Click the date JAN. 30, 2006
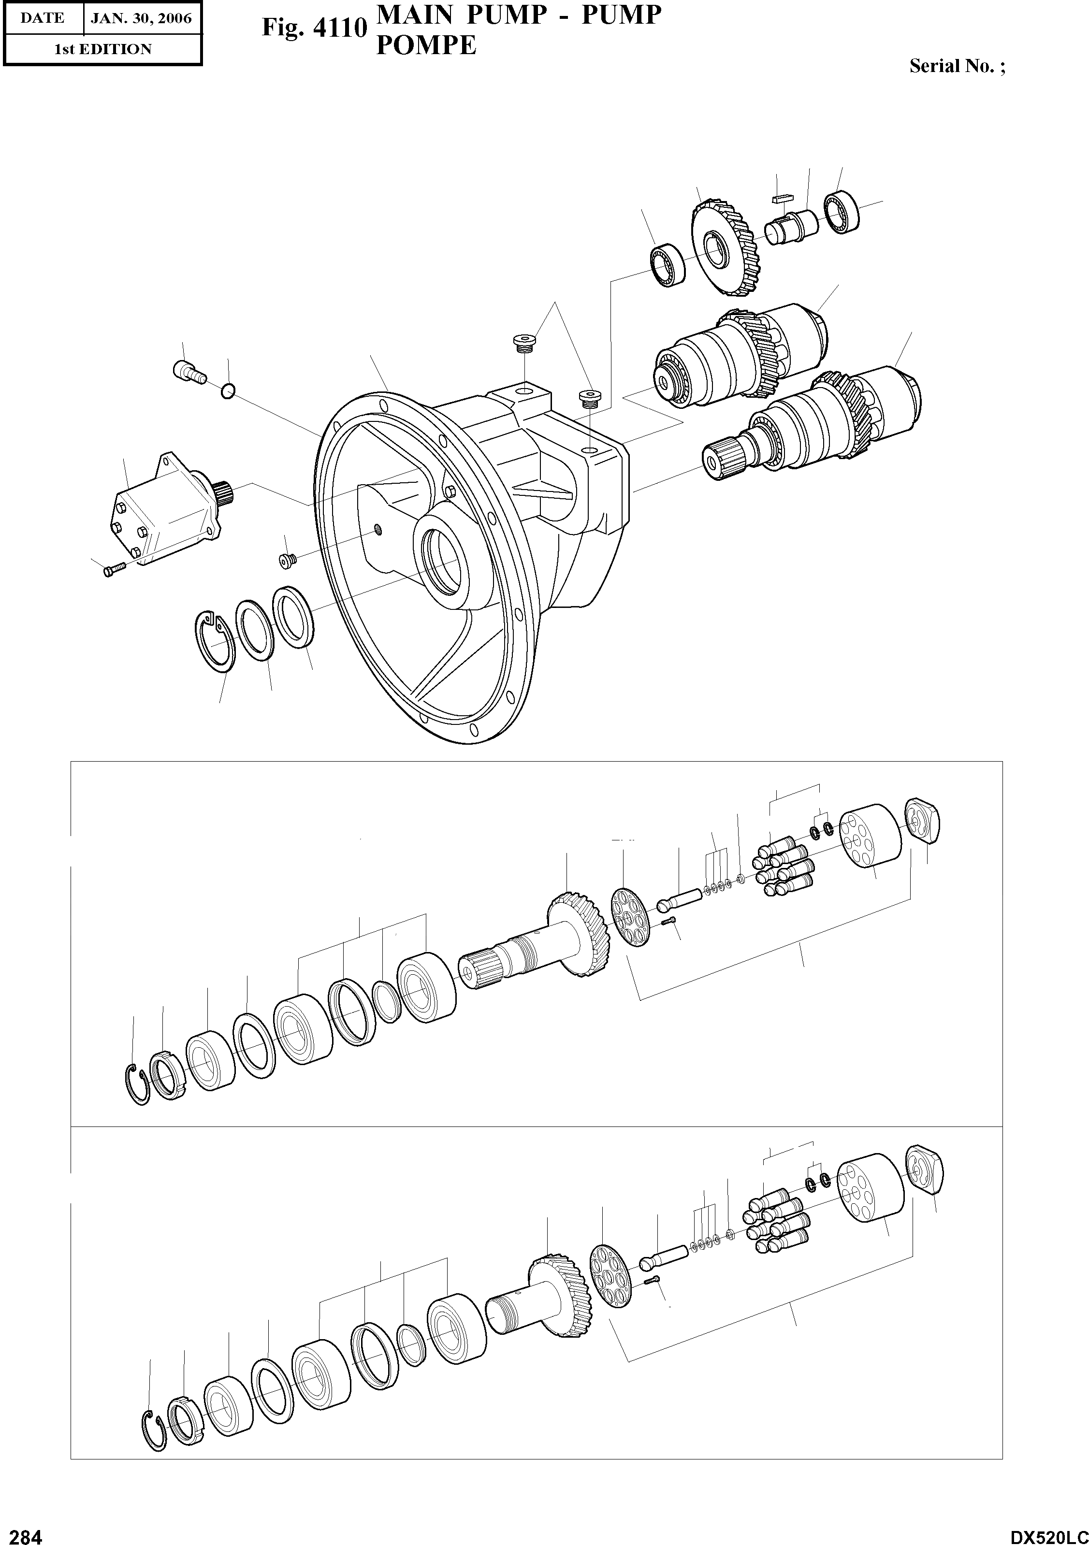point(141,18)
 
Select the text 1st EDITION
point(102,49)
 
